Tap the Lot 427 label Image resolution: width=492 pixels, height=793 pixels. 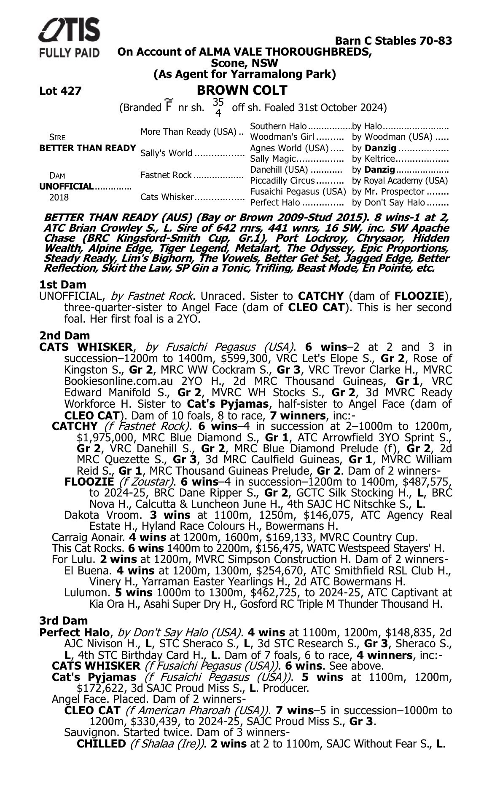pos(60,91)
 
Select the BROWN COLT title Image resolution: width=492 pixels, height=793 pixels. pos(242,91)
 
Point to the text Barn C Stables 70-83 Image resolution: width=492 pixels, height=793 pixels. pos(393,41)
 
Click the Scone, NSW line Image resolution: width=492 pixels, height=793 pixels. pos(245,63)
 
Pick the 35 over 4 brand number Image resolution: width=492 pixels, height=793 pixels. pos(218,107)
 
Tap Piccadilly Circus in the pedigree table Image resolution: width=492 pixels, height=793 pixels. pos(282,181)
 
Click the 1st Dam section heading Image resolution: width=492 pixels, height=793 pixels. pos(62,285)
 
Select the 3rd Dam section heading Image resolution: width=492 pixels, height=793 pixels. pos(64,621)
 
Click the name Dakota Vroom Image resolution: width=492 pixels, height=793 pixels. pos(102,515)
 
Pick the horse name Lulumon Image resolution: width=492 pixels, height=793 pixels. pos(87,593)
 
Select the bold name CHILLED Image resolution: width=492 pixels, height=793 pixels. pos(101,744)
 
